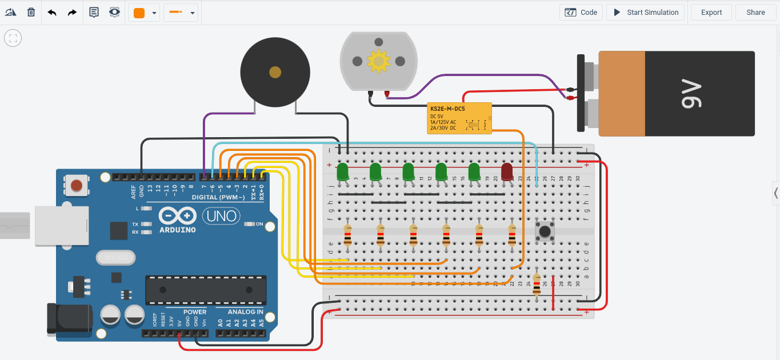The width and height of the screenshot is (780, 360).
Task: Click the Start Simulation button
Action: [x=646, y=13]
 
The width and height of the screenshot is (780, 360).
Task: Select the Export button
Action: [x=711, y=13]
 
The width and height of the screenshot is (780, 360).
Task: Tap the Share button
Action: [x=755, y=13]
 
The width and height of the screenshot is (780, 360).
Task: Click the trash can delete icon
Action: [x=31, y=12]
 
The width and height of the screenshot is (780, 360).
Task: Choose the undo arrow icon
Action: [x=52, y=12]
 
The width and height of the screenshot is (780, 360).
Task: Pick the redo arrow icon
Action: [x=72, y=12]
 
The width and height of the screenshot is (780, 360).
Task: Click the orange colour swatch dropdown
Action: [x=144, y=13]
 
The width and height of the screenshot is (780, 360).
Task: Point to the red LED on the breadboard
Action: [x=507, y=171]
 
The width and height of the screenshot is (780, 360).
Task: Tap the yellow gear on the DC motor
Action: [x=378, y=61]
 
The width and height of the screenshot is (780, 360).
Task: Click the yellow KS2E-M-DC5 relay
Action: [x=459, y=118]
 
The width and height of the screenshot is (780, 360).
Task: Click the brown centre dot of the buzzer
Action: [x=275, y=72]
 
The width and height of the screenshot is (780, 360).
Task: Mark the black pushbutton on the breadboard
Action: [x=545, y=231]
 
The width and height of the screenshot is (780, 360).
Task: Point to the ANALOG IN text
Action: [x=246, y=312]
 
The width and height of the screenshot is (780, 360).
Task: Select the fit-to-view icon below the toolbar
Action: [x=13, y=39]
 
